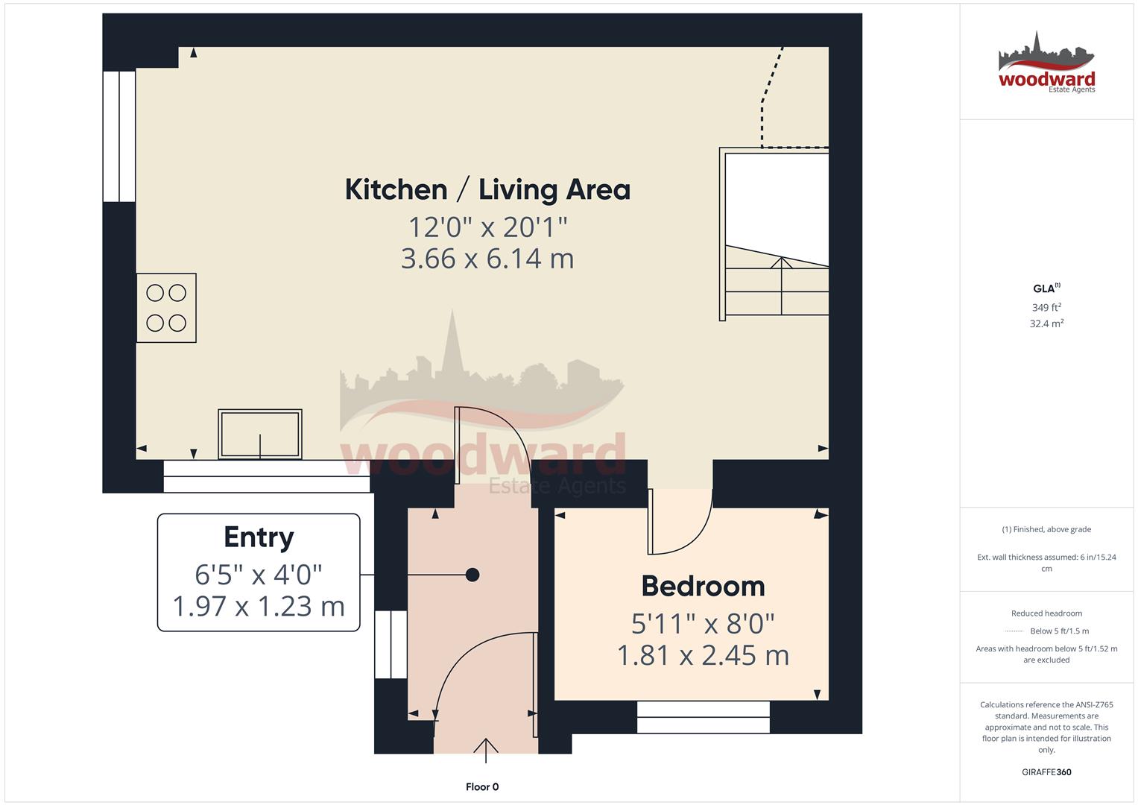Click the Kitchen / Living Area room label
coord(487,189)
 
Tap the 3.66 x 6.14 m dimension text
coord(487,259)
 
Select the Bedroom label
coord(703,586)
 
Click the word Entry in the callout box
coord(259,537)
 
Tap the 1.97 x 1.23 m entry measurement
coord(259,606)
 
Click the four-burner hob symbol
coord(166,308)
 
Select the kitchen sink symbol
coord(260,434)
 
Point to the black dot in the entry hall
coord(472,575)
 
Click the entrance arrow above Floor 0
coord(486,748)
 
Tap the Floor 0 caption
coord(482,787)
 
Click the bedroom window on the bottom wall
coord(703,717)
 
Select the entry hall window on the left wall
coord(391,645)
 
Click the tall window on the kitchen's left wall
coord(119,136)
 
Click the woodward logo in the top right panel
coord(1046,64)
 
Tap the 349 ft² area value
coord(1046,307)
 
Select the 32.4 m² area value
coord(1046,323)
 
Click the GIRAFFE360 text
coord(1046,772)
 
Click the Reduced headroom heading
coord(1046,613)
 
